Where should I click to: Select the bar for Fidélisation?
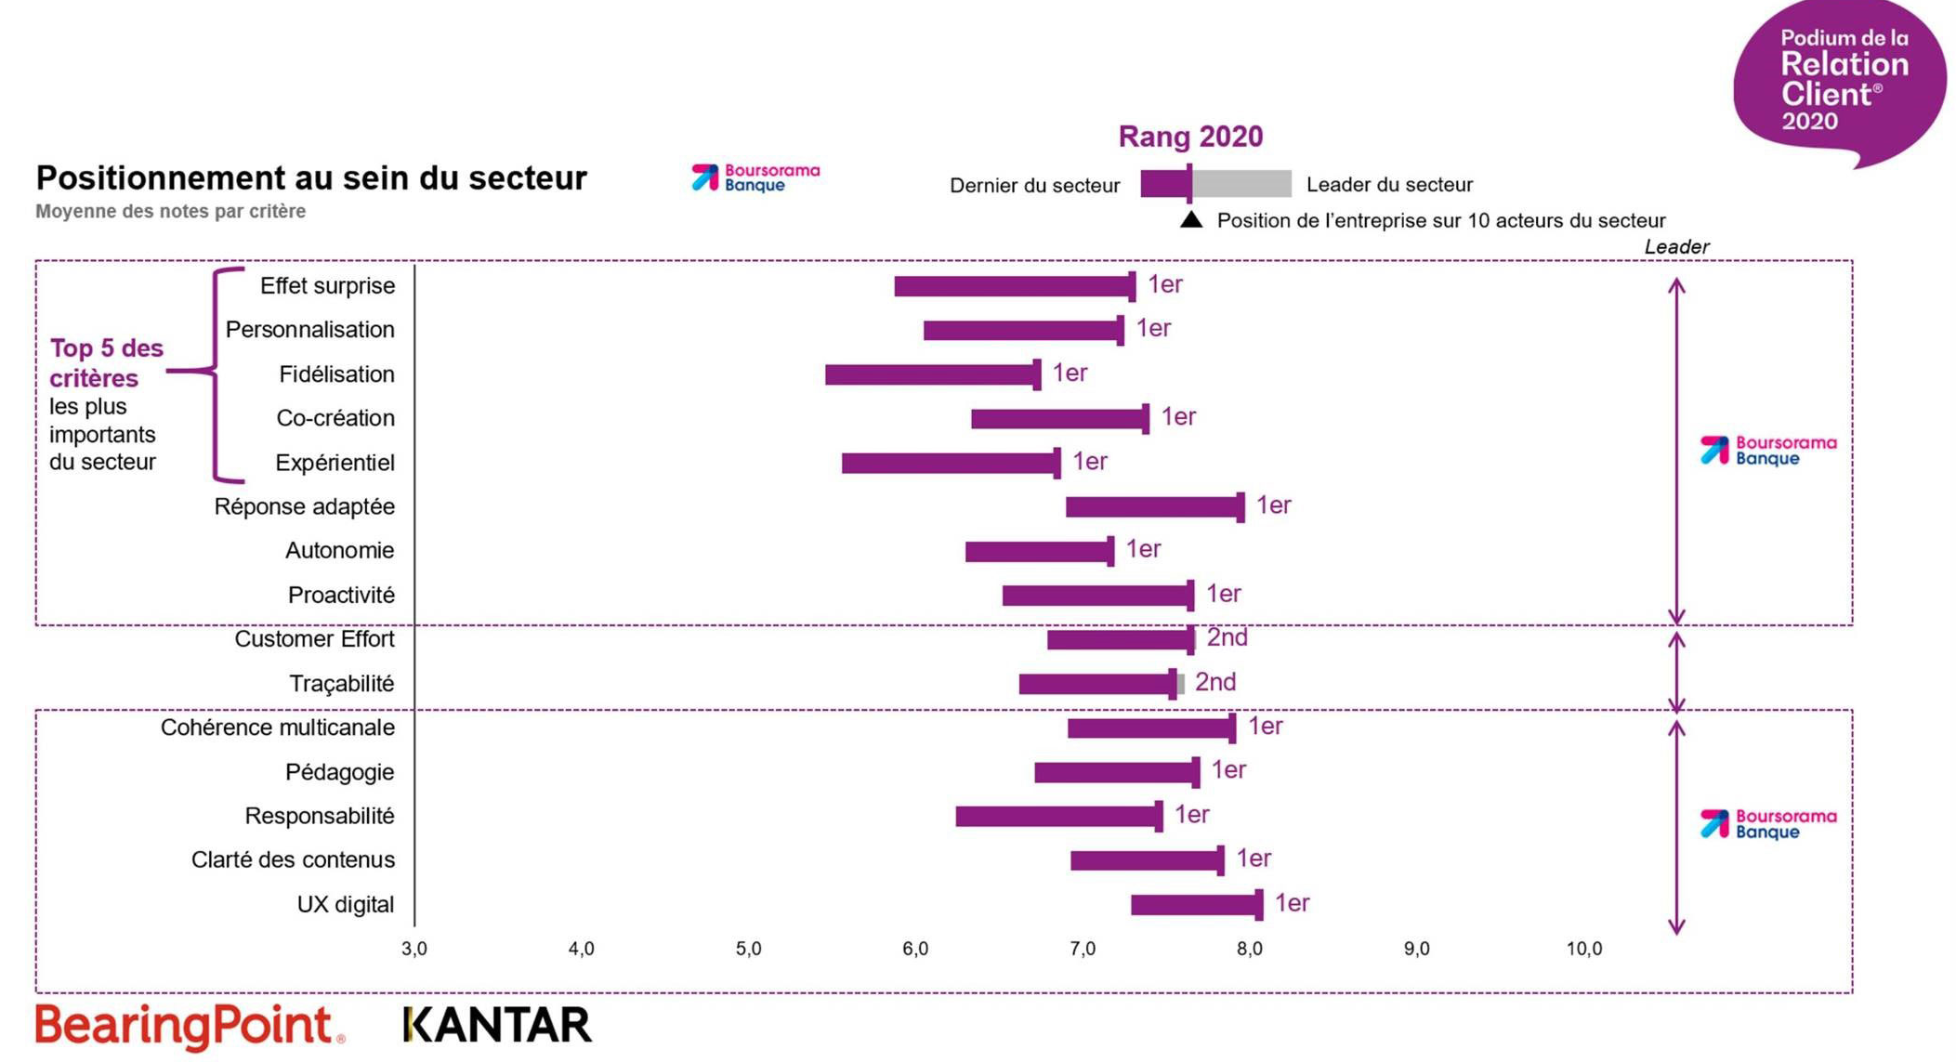[931, 374]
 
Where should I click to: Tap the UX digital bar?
[1195, 904]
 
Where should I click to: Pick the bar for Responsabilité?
[1057, 816]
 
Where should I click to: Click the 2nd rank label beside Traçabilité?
[1214, 682]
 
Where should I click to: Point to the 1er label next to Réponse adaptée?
[1273, 505]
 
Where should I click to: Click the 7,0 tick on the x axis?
[1082, 949]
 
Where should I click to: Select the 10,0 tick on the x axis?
[1583, 949]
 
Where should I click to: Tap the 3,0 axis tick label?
[414, 949]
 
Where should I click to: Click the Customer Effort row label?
[314, 639]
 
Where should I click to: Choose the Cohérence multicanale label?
[277, 728]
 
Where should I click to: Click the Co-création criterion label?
[335, 418]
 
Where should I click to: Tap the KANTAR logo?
[498, 1025]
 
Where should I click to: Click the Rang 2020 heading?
[1190, 137]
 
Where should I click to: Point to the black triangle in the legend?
[1190, 220]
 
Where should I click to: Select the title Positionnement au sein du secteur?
[311, 177]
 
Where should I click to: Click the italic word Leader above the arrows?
[1675, 247]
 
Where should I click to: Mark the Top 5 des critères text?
[106, 362]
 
